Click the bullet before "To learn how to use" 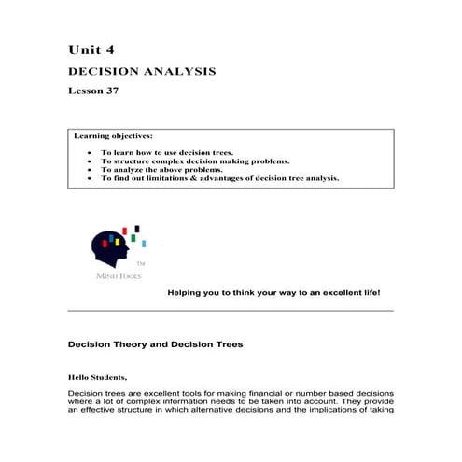(88, 151)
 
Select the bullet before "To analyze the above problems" (88, 170)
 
